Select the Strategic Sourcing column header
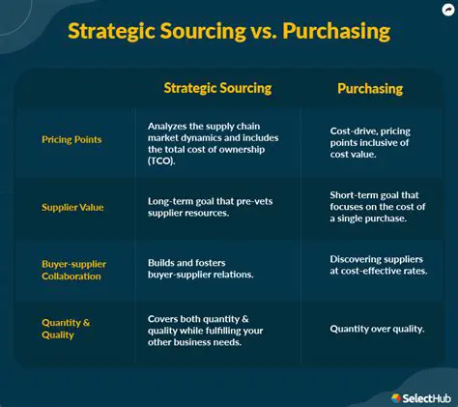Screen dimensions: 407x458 217,88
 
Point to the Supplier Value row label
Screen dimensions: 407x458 72,206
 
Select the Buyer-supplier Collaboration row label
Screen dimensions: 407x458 74,269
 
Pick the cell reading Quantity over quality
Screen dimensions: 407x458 377,329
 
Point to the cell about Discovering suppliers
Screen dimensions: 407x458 377,266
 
